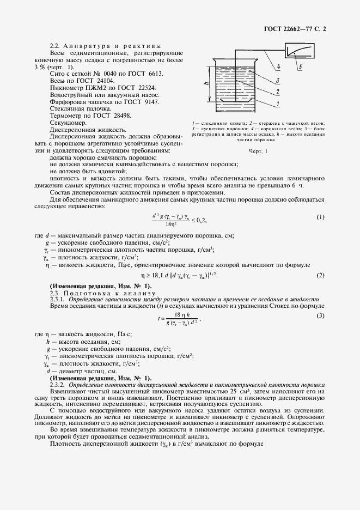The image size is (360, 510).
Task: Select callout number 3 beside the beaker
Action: point(278,80)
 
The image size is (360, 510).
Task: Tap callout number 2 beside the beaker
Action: point(278,92)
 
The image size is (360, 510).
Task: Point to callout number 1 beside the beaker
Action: point(278,104)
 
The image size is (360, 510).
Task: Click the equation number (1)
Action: point(321,217)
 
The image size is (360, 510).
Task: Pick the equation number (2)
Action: point(321,275)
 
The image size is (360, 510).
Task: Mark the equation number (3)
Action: point(321,316)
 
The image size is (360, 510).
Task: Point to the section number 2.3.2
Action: point(57,385)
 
